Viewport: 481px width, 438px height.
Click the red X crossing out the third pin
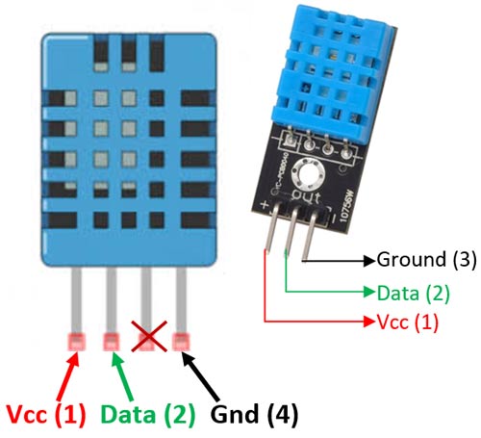click(147, 340)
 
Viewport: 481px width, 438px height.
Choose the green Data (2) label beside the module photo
click(408, 291)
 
